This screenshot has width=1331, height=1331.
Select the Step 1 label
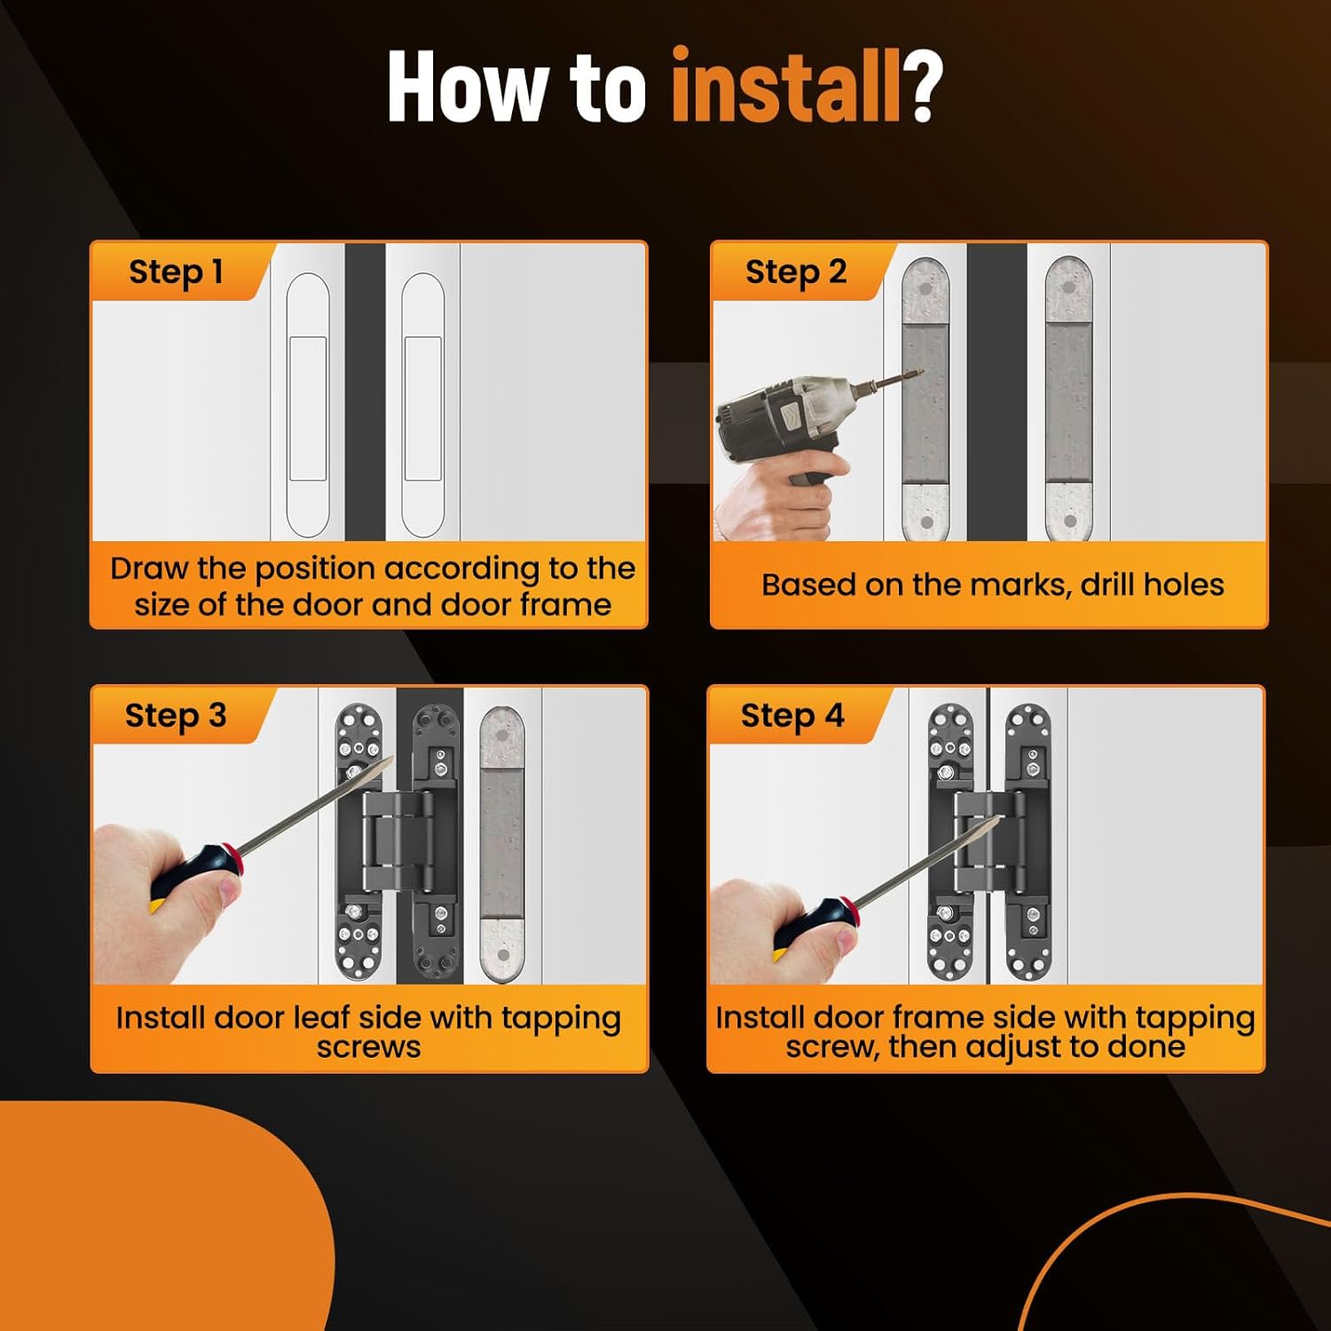pos(176,272)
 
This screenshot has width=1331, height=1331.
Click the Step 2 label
pos(796,272)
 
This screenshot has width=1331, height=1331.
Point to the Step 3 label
pos(176,716)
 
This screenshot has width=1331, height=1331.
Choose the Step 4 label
pos(792,716)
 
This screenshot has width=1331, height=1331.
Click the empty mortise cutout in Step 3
pos(502,844)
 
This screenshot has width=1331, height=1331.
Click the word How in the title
pos(465,85)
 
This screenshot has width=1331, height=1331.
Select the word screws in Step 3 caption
pos(369,1047)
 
